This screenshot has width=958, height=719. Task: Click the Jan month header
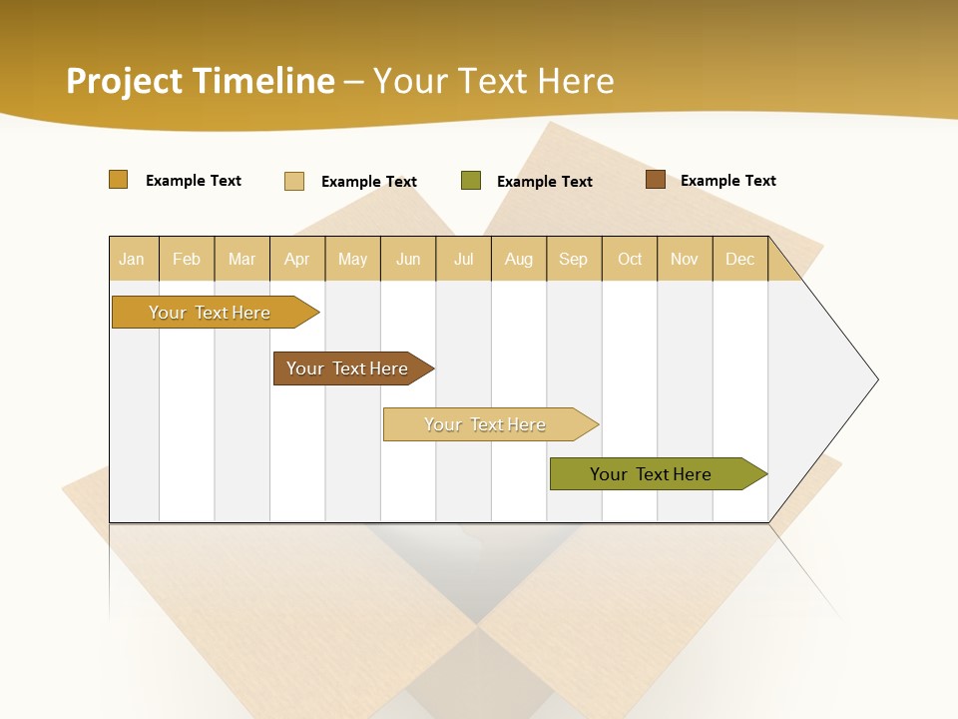click(x=132, y=259)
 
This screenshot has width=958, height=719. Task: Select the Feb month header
click(x=187, y=259)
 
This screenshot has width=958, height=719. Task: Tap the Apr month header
click(x=296, y=259)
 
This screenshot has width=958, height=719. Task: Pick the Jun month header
click(x=408, y=259)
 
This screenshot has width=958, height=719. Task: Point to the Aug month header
click(x=518, y=259)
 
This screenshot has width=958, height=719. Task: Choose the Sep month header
click(x=573, y=259)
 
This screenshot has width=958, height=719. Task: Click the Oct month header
click(x=630, y=259)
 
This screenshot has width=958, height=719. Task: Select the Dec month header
click(x=739, y=259)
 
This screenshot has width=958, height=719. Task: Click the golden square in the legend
click(x=119, y=180)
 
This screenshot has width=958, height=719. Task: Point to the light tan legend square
click(x=294, y=181)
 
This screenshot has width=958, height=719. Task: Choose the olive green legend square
click(x=471, y=181)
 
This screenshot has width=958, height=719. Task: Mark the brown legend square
click(x=656, y=180)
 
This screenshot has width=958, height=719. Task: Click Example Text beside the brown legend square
click(x=727, y=181)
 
